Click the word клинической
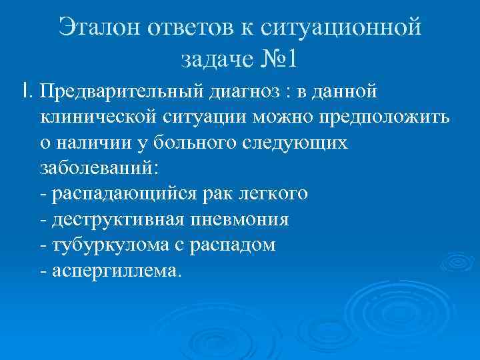(99, 117)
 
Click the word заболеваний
(99, 168)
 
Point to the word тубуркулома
(104, 245)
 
